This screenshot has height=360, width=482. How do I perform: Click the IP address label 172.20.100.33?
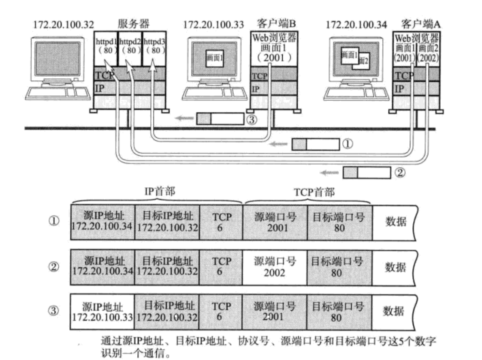click(213, 24)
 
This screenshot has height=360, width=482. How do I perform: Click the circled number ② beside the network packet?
click(399, 172)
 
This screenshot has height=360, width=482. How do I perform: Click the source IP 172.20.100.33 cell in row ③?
click(103, 311)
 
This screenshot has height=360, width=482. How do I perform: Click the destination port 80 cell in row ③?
click(339, 311)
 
